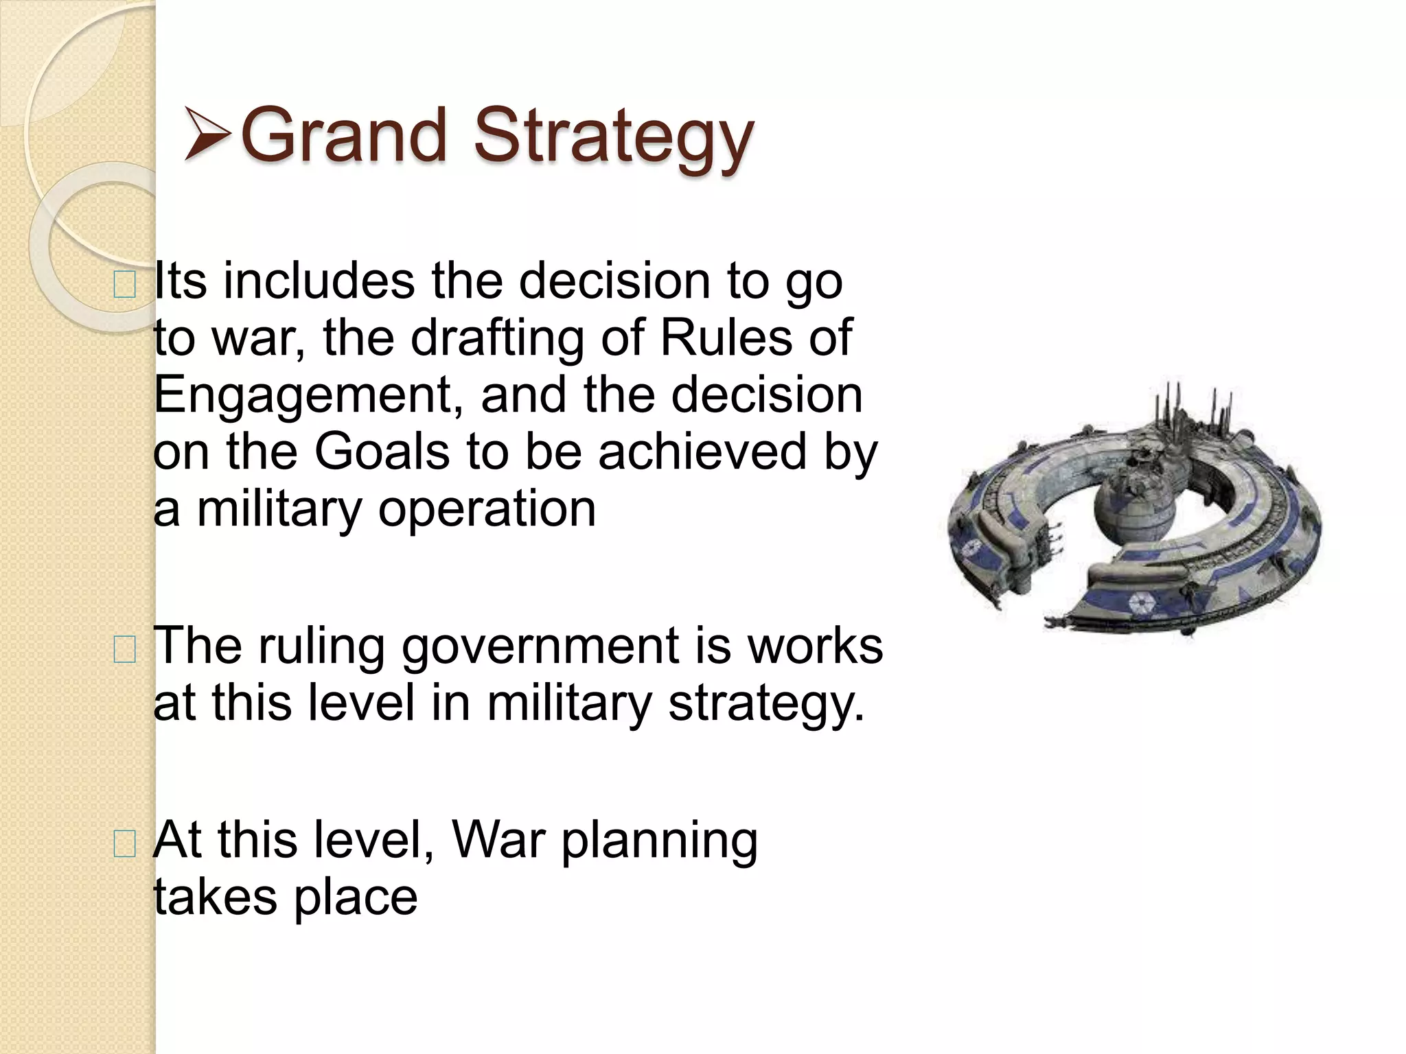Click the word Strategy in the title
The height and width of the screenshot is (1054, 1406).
point(614,137)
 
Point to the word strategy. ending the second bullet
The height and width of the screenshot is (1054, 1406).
point(765,705)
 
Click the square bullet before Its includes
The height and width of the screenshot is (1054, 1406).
point(124,284)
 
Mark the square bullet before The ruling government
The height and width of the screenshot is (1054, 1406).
point(124,649)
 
